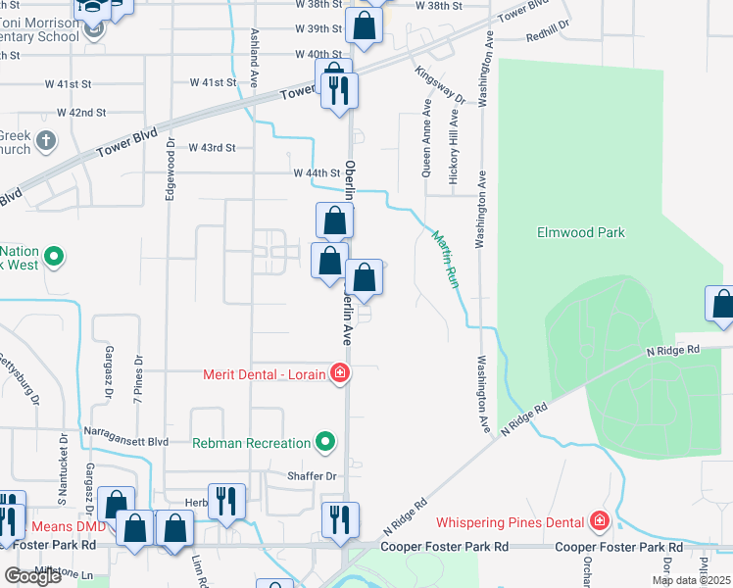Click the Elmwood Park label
[581, 232]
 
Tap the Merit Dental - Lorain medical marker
[340, 372]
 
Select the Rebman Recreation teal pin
[324, 443]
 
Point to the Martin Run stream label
[446, 257]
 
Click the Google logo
[33, 576]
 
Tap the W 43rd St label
[213, 147]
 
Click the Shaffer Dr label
[312, 476]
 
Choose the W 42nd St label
[81, 113]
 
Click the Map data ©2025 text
[692, 580]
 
